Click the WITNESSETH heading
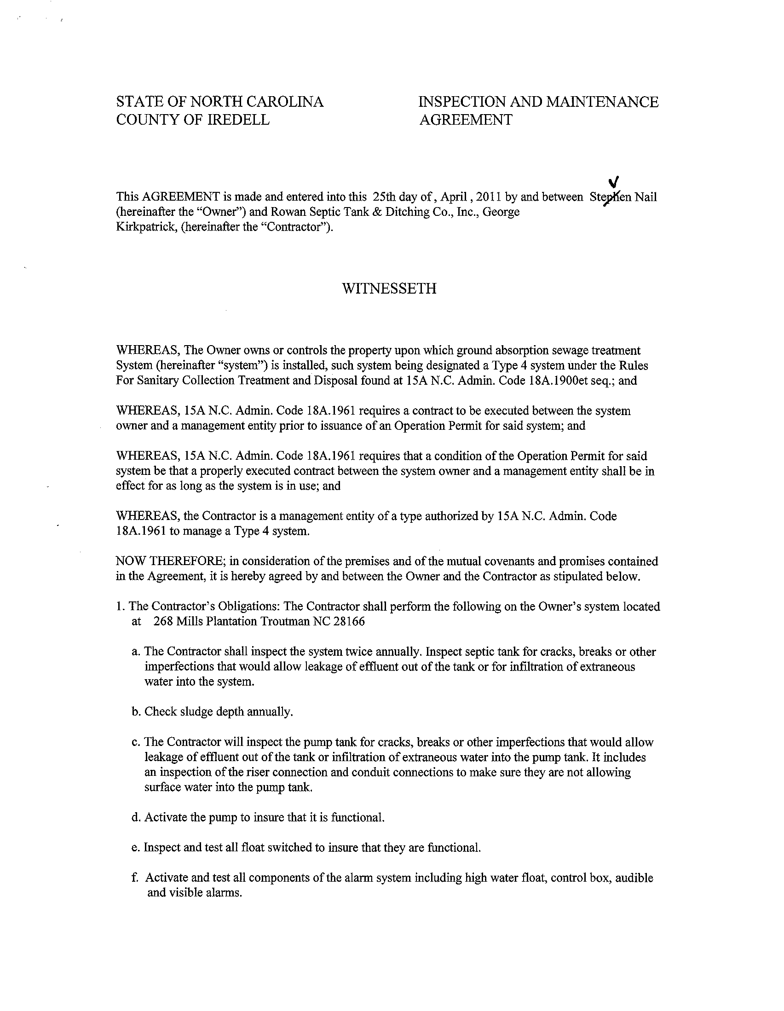tap(389, 289)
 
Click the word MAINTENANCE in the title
tap(602, 102)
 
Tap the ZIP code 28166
tap(349, 621)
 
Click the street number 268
tap(164, 621)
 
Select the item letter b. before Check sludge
tap(136, 711)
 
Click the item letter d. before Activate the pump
tap(136, 818)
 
